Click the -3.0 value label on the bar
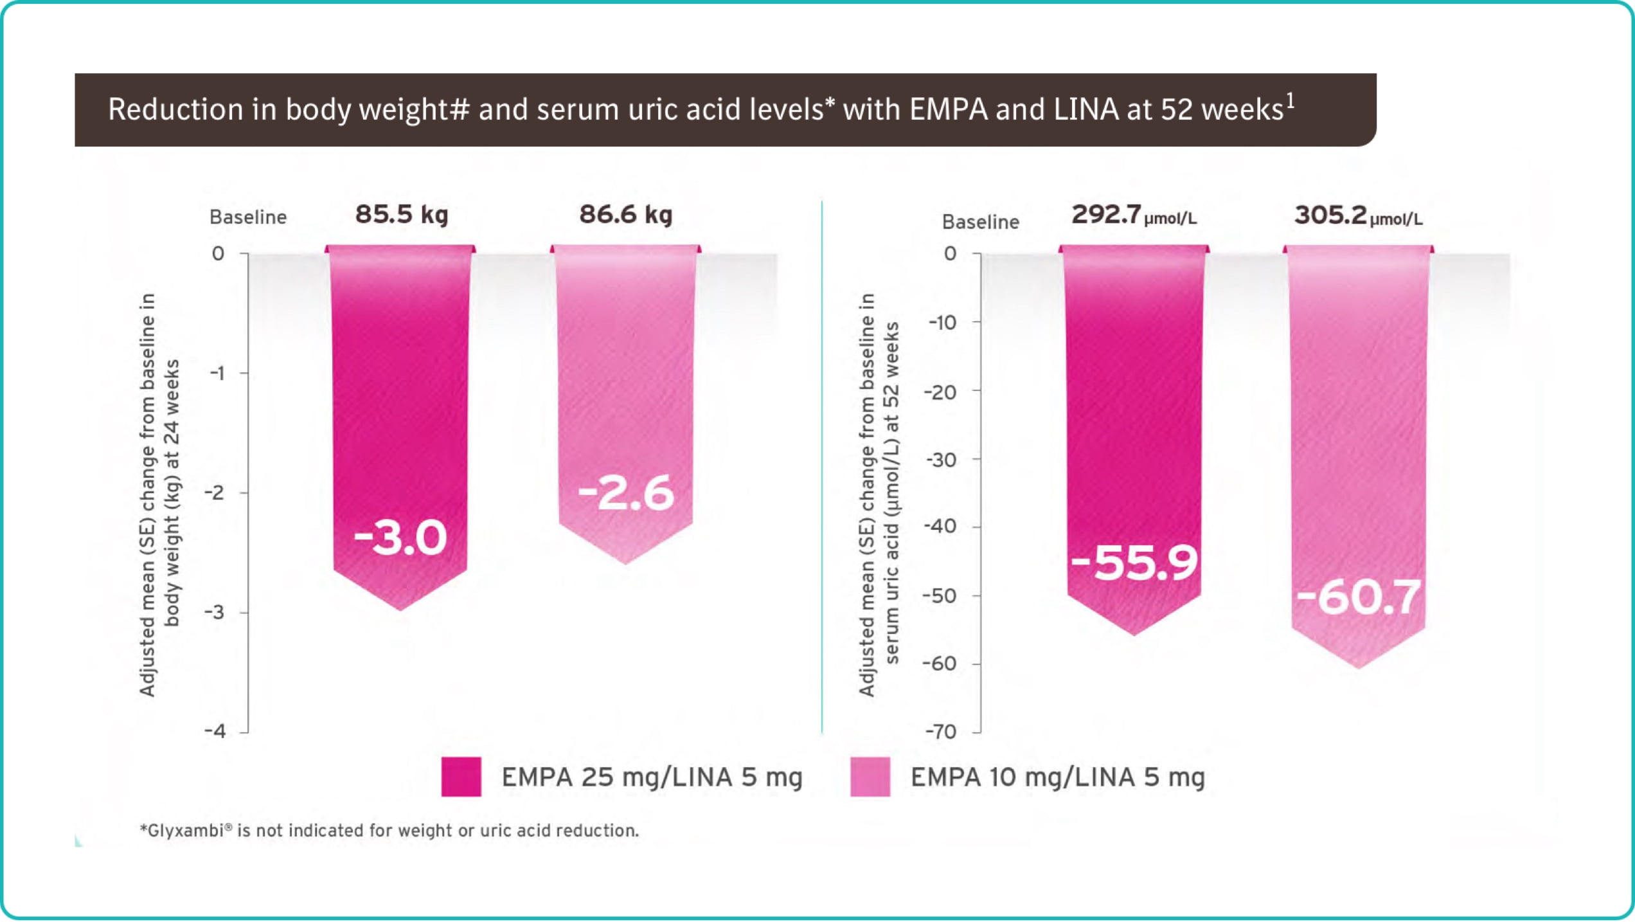tap(400, 538)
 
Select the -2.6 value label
tap(626, 493)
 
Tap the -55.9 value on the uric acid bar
tap(1134, 563)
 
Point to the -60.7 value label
tap(1358, 597)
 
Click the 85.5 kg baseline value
tap(402, 214)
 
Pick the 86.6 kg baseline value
tap(626, 214)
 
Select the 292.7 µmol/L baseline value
tap(1134, 215)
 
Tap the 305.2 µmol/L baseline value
tap(1358, 215)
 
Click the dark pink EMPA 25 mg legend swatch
tap(461, 777)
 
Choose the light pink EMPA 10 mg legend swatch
tap(870, 777)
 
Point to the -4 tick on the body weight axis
tap(216, 731)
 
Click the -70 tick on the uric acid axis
tap(941, 732)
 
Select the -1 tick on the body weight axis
tap(218, 373)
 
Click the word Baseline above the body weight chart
tap(248, 217)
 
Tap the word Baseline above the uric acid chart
tap(980, 222)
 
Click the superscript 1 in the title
tap(1290, 101)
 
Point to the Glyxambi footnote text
tap(389, 831)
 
